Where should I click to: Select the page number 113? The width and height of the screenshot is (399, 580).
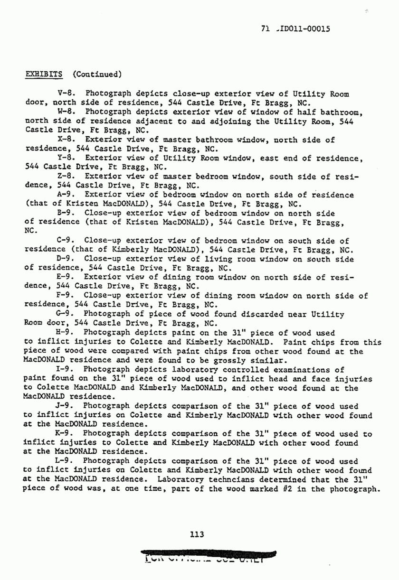coord(197,534)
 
